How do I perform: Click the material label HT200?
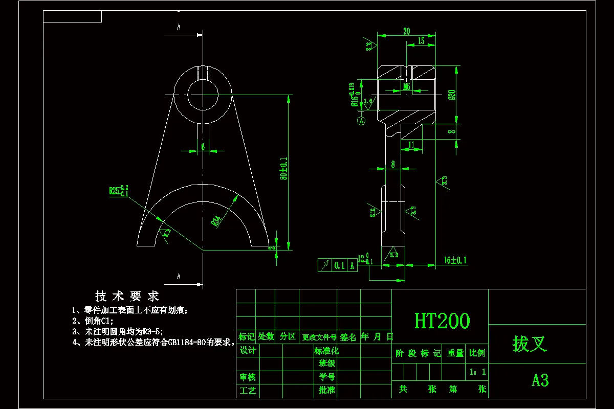point(442,321)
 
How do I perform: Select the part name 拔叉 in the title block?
point(530,344)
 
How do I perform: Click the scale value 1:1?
point(477,372)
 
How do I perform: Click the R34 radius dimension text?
point(217,221)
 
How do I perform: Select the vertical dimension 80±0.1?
point(283,169)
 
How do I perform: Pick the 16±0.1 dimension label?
point(455,260)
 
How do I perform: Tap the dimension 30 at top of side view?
point(406,31)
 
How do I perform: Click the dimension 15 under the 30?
point(421,41)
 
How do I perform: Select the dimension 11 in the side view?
point(412,145)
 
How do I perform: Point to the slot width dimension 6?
point(203,146)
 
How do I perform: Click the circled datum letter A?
point(361,121)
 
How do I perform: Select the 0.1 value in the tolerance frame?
point(339,265)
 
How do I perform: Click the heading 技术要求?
point(127,296)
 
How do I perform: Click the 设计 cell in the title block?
point(248,350)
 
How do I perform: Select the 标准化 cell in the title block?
point(326,351)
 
